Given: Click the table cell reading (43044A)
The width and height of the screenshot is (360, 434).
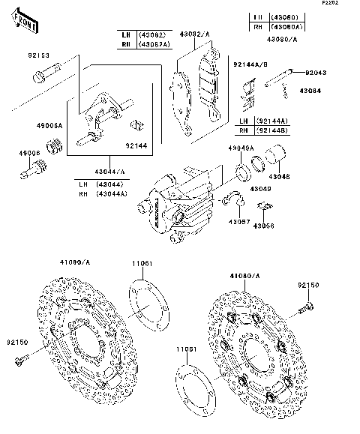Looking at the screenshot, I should tap(114, 194).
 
